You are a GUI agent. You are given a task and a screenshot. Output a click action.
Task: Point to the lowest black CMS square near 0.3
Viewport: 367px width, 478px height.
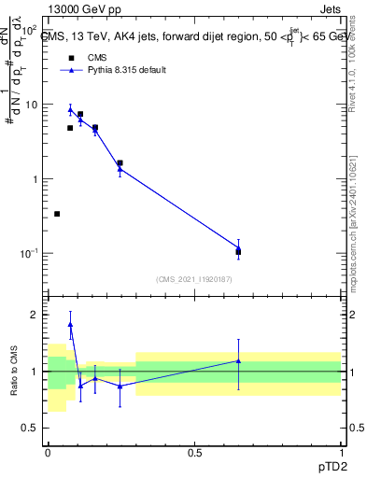[57, 214]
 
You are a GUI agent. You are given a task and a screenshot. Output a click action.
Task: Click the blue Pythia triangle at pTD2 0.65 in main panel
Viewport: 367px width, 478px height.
[238, 247]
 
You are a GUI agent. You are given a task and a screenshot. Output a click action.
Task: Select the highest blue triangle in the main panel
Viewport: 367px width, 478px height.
[70, 109]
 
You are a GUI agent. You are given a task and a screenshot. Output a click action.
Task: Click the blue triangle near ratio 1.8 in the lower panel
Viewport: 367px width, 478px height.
[70, 325]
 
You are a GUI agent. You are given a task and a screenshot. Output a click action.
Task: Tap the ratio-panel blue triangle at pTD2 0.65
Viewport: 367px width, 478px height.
[238, 360]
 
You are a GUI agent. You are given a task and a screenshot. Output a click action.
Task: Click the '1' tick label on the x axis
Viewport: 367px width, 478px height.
[340, 452]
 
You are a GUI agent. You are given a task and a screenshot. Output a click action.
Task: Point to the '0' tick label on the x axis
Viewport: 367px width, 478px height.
[48, 452]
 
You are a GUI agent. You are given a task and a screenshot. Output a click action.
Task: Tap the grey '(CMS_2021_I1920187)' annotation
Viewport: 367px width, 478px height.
[193, 278]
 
